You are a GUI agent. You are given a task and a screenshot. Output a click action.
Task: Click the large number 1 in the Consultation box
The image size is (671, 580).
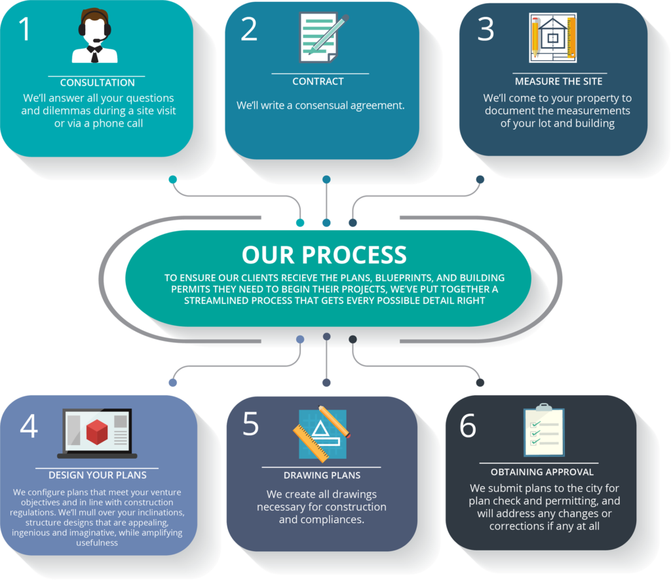[25, 29]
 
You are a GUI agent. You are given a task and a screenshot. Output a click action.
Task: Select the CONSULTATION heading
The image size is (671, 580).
[97, 83]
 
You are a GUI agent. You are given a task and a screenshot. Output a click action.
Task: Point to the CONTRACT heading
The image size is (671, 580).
[318, 82]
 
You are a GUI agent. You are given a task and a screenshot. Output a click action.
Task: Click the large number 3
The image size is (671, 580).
[486, 30]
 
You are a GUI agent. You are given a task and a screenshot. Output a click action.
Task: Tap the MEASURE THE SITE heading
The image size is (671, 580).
[558, 82]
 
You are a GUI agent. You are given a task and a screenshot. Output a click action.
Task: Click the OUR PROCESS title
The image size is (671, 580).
[324, 255]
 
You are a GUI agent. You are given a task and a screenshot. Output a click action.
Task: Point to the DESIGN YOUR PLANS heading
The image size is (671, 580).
[98, 474]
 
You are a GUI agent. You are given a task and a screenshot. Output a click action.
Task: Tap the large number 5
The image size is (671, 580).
[251, 425]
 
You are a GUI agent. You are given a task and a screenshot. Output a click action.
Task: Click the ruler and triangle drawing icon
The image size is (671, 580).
[322, 432]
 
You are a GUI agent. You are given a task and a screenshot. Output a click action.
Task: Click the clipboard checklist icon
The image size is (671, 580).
[543, 431]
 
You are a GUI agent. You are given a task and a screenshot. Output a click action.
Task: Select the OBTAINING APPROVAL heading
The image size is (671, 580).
[542, 472]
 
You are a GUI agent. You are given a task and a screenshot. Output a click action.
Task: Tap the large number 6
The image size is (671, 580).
[467, 426]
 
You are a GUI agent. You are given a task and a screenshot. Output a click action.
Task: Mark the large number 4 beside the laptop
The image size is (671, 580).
[29, 427]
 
